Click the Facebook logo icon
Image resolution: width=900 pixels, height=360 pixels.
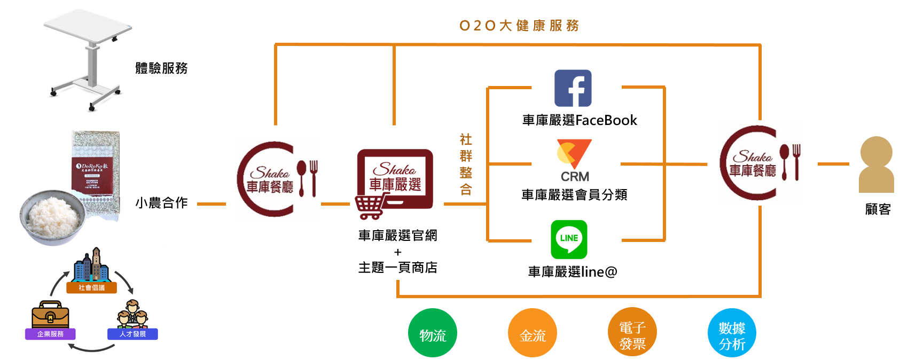(x=573, y=88)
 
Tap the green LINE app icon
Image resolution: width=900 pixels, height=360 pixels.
(x=569, y=239)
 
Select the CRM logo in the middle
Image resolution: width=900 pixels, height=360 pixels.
(x=574, y=161)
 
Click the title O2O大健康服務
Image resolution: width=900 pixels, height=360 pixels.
(x=519, y=26)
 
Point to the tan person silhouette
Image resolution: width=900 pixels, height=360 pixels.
(x=876, y=165)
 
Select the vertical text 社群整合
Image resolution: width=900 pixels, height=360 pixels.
(x=466, y=165)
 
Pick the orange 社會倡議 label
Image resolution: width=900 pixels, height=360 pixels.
(x=92, y=287)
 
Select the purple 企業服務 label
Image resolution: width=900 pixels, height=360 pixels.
(x=50, y=334)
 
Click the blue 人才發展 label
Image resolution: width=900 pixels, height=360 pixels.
(x=132, y=334)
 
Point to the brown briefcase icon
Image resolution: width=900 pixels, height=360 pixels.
(x=50, y=315)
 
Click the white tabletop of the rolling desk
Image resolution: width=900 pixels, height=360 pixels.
(x=88, y=26)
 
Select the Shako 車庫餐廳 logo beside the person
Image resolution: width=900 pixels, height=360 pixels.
(x=760, y=163)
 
